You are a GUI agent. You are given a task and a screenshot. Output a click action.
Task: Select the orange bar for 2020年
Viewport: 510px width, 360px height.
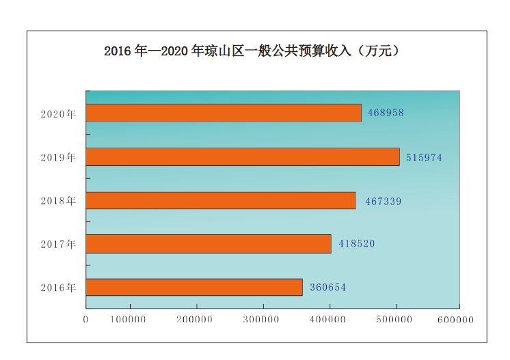click(x=224, y=113)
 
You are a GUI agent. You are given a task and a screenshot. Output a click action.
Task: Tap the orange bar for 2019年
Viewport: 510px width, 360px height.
click(x=243, y=157)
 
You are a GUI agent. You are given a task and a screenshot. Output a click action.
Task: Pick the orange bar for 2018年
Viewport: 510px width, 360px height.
click(x=221, y=200)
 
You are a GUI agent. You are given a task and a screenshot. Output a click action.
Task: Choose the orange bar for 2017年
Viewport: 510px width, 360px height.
click(x=209, y=244)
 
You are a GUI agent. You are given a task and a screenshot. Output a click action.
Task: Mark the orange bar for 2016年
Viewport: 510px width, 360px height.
click(x=194, y=288)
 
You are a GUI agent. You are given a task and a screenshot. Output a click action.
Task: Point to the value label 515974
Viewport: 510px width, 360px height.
click(x=424, y=157)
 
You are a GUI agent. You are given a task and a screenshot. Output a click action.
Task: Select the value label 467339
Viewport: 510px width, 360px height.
click(x=383, y=201)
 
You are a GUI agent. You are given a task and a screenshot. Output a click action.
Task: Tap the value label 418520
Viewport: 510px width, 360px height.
click(x=356, y=244)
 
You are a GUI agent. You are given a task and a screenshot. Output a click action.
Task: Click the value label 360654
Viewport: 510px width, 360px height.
click(x=327, y=288)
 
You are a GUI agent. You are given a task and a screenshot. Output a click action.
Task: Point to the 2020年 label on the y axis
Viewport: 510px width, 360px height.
click(x=58, y=113)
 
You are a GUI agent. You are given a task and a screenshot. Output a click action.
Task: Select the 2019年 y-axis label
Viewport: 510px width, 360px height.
click(x=58, y=157)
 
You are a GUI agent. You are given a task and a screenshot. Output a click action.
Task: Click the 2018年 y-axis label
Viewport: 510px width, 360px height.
click(x=58, y=201)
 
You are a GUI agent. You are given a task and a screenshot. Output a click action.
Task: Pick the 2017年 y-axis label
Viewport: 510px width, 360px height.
click(x=58, y=244)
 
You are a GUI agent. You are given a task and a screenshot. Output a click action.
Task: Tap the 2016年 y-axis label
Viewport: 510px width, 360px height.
click(x=58, y=288)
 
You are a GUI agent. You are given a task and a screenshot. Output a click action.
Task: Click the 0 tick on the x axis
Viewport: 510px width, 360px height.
click(x=86, y=319)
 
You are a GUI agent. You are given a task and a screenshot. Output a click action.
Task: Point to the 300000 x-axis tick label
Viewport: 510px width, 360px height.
click(x=263, y=319)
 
